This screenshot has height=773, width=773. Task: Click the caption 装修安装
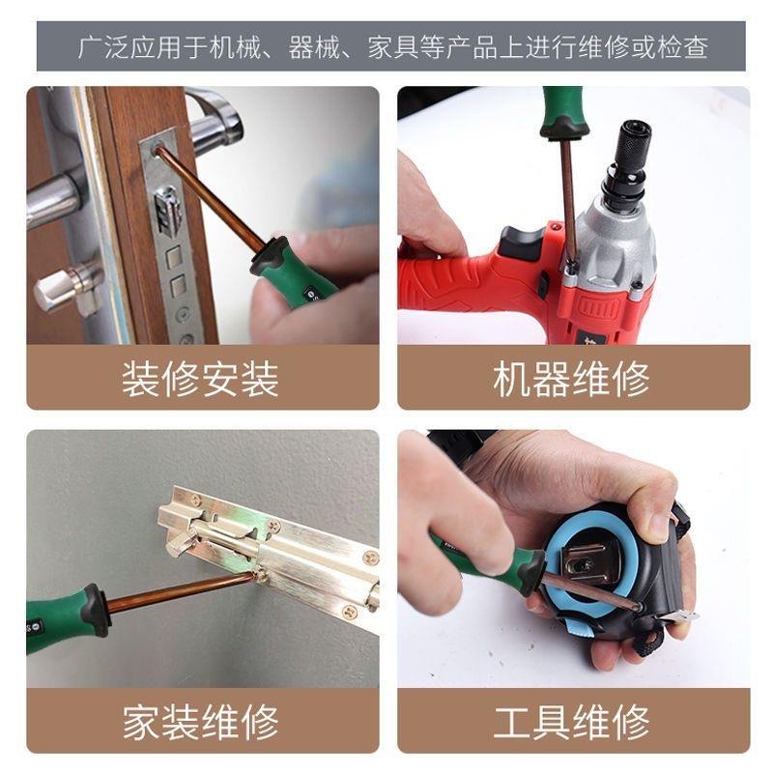click(x=200, y=379)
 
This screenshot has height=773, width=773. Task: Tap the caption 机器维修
click(x=571, y=379)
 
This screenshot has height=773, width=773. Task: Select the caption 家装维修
click(x=200, y=722)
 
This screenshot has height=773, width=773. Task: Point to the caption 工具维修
click(x=571, y=722)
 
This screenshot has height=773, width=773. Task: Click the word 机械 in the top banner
click(x=235, y=47)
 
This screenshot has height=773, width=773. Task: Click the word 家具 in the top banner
click(x=393, y=47)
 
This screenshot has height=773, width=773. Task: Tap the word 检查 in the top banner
click(x=682, y=47)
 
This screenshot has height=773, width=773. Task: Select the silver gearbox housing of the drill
click(x=615, y=246)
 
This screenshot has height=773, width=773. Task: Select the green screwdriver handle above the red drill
click(x=563, y=112)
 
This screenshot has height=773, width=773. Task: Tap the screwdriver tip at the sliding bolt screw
click(x=254, y=576)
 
